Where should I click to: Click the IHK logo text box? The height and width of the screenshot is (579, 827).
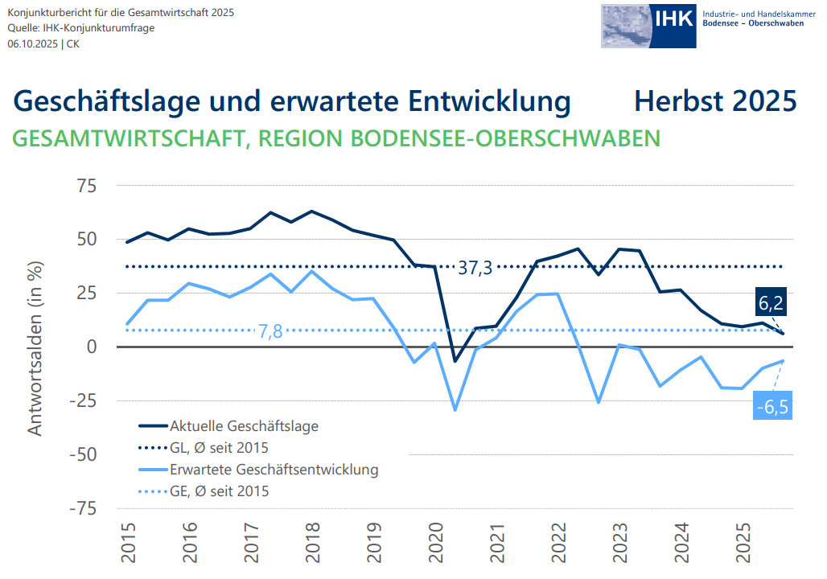[673, 19]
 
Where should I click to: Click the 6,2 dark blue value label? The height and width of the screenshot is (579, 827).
[769, 303]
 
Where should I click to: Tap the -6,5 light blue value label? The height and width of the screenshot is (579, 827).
[772, 407]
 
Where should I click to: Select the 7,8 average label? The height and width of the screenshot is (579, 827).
[270, 331]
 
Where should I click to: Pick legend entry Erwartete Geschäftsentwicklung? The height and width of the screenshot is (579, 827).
[274, 469]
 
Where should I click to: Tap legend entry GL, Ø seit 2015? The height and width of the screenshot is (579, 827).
[219, 447]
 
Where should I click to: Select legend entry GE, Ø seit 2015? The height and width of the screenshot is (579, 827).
[219, 491]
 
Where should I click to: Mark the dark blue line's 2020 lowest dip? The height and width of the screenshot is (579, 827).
[455, 361]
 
